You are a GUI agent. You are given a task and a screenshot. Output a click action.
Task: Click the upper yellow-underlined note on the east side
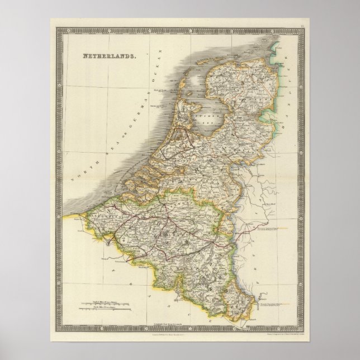[x=273, y=229]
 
